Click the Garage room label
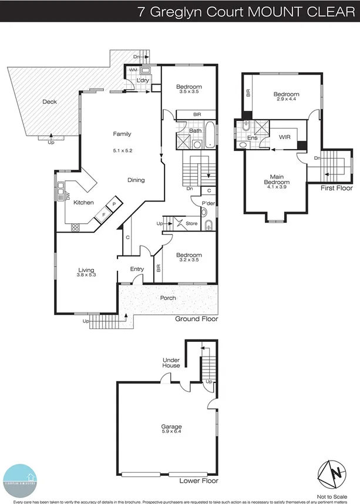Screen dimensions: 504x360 point(171,426)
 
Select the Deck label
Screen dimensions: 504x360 point(50,102)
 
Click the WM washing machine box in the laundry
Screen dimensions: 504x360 point(133,70)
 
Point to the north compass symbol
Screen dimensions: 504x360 point(329,473)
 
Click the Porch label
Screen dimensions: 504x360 point(168,298)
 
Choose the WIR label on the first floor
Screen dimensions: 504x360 point(285,137)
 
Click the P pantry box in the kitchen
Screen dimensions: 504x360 point(115,203)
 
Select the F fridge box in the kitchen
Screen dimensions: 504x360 point(105,214)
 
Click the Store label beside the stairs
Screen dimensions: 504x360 point(191,223)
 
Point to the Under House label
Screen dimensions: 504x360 point(171,362)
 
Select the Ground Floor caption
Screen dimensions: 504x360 point(197,319)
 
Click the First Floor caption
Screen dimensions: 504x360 point(337,189)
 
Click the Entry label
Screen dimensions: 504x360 point(137,269)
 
